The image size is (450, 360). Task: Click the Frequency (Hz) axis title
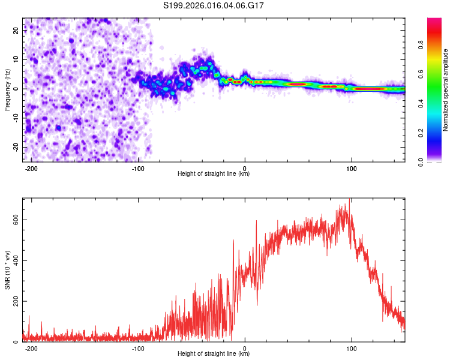pos(8,89)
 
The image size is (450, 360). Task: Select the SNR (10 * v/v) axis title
pos(8,269)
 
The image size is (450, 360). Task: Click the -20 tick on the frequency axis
pos(16,147)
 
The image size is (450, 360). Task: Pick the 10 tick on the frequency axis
pos(17,59)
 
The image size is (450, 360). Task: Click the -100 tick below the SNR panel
pos(138,347)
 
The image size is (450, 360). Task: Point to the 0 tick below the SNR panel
pos(245,347)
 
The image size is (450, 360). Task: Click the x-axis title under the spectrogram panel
pos(214,174)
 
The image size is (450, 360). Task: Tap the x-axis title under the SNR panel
pos(214,354)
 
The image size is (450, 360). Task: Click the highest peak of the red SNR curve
pos(350,200)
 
